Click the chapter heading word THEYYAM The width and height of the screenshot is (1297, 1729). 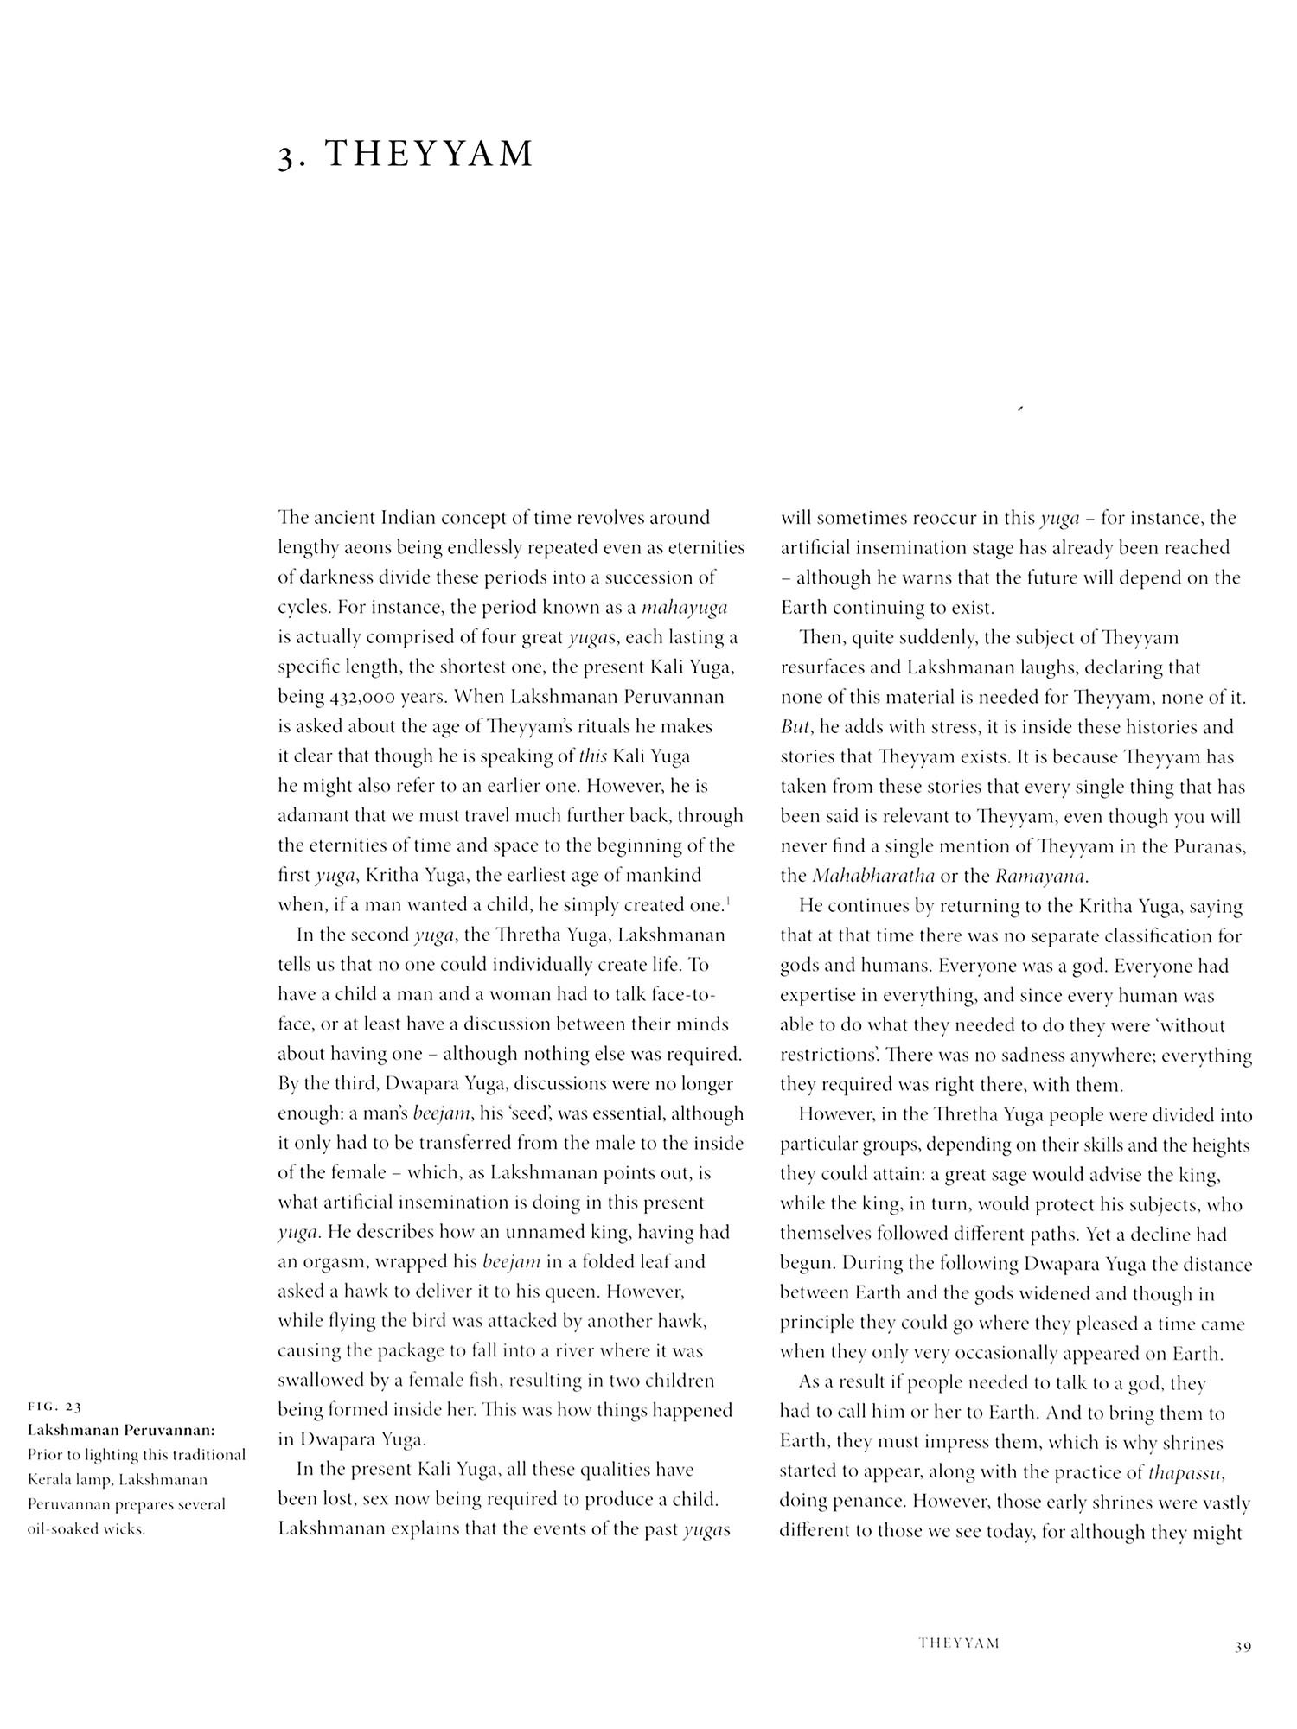coord(430,154)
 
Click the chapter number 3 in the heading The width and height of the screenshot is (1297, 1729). coord(286,156)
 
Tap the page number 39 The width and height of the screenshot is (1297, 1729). coord(1243,1647)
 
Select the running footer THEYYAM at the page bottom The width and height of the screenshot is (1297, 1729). coord(959,1643)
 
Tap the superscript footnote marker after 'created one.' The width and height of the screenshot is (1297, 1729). coord(729,903)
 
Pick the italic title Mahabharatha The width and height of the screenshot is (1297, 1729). coord(872,876)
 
